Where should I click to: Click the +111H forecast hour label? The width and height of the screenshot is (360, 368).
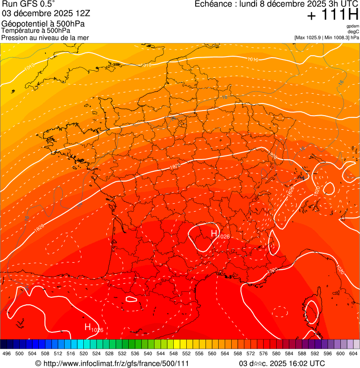point(333,15)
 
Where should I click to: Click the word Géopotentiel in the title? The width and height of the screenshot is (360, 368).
point(22,24)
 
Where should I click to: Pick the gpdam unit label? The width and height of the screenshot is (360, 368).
point(353,26)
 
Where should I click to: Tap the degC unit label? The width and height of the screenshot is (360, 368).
point(353,31)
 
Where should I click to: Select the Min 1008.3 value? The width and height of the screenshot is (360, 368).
point(337,37)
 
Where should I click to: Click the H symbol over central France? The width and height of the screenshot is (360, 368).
point(214,233)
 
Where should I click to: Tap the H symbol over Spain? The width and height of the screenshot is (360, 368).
point(88,327)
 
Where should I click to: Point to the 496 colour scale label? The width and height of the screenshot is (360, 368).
point(7,353)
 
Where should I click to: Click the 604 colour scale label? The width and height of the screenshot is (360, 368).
point(353,353)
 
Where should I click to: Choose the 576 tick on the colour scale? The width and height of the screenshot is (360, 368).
point(263,353)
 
